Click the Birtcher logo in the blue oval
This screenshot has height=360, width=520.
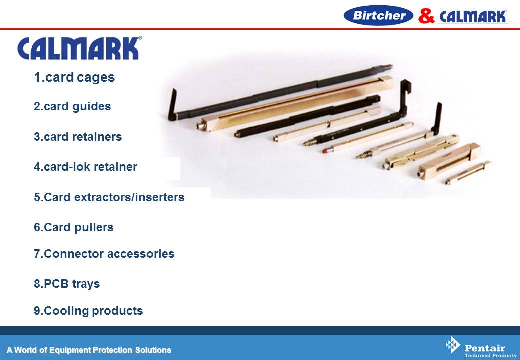[378, 15]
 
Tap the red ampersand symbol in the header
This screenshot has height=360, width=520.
[426, 16]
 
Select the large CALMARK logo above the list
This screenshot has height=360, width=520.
[79, 48]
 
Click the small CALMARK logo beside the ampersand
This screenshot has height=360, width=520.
[474, 17]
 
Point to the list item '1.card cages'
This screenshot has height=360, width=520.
[74, 77]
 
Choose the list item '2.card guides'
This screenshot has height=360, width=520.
[72, 106]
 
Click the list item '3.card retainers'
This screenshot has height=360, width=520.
[78, 137]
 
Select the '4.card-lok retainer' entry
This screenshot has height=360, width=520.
[85, 166]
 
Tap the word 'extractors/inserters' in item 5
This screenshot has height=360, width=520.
[129, 197]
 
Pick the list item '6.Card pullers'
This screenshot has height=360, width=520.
[73, 227]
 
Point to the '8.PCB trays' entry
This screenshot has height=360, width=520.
[67, 284]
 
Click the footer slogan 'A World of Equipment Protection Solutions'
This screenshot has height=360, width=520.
[89, 350]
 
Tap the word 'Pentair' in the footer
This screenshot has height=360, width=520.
[485, 348]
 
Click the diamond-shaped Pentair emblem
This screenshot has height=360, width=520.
[453, 345]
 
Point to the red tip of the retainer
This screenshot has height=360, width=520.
[326, 151]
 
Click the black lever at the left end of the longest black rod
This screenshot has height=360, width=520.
[172, 105]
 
